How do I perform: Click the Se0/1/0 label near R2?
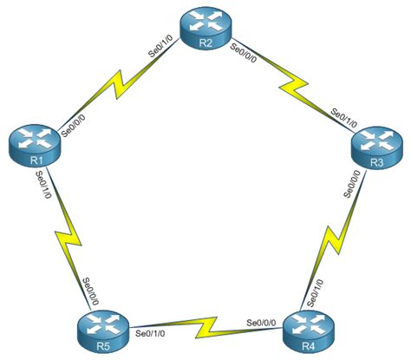click(166, 51)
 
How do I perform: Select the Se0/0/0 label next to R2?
click(245, 53)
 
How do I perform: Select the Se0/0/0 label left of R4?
click(262, 322)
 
